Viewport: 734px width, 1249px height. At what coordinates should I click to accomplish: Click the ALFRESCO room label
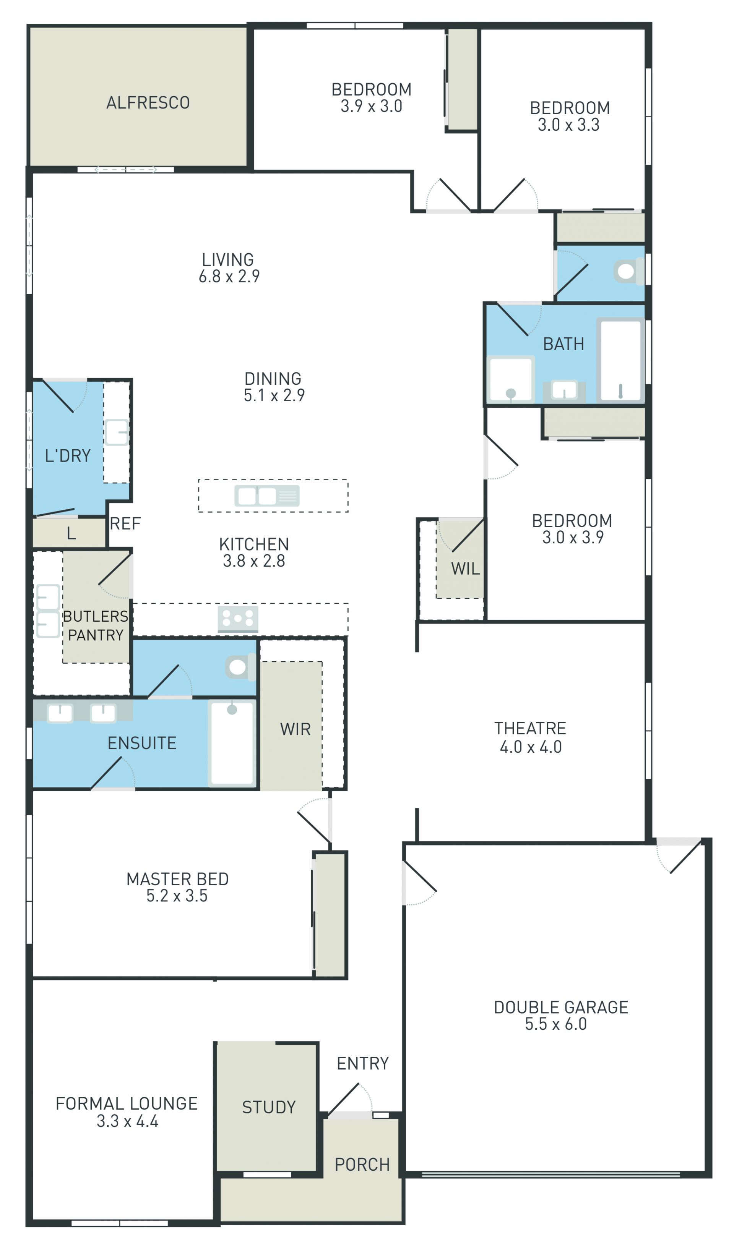(148, 103)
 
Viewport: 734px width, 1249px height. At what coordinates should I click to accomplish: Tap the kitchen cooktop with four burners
(238, 619)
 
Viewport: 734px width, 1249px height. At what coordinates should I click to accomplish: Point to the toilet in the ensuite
(240, 667)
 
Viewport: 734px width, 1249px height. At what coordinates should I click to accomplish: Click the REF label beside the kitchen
(125, 523)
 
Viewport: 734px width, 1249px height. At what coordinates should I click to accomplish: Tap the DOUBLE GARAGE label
(561, 1007)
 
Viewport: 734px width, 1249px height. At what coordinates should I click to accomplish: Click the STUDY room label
(269, 1107)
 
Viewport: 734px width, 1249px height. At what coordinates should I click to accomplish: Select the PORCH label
(362, 1164)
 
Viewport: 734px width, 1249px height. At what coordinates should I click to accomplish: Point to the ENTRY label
(362, 1063)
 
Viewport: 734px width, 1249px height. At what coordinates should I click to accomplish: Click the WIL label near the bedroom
(465, 569)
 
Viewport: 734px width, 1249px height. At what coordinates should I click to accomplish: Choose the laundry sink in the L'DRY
(116, 432)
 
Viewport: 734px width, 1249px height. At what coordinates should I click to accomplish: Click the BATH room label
(563, 344)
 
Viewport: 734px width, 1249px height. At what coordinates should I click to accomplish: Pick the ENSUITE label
(142, 743)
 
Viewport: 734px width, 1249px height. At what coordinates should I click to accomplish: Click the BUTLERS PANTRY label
(96, 625)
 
